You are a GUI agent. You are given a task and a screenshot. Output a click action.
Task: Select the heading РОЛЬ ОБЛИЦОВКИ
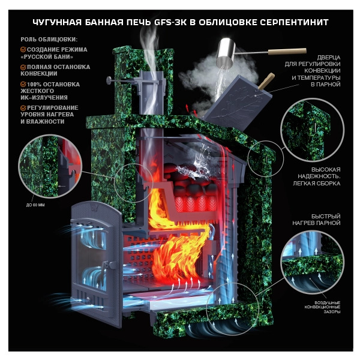point(49,39)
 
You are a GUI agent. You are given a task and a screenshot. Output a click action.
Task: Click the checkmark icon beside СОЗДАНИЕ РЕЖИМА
point(23,49)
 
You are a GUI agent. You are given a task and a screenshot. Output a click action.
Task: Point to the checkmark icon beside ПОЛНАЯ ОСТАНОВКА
point(23,67)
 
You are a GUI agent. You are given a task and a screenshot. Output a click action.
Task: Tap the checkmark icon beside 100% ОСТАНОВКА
point(23,84)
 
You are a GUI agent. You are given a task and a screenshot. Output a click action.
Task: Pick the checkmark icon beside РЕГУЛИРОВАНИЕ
point(23,107)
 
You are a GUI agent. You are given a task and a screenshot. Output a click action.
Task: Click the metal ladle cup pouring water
point(227,52)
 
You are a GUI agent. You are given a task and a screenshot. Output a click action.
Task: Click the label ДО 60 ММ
point(35,205)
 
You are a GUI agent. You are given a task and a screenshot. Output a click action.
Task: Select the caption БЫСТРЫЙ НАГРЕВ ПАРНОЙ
point(316,220)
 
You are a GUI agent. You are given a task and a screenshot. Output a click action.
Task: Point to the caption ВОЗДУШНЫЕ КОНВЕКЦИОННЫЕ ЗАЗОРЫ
point(322,307)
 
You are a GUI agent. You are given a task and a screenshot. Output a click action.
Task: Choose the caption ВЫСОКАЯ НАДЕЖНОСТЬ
point(319,173)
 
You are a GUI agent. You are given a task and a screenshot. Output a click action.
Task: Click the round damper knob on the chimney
point(109,80)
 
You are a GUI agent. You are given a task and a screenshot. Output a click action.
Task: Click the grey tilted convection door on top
point(238,103)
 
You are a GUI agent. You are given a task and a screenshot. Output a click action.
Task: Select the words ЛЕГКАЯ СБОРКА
point(317,183)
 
